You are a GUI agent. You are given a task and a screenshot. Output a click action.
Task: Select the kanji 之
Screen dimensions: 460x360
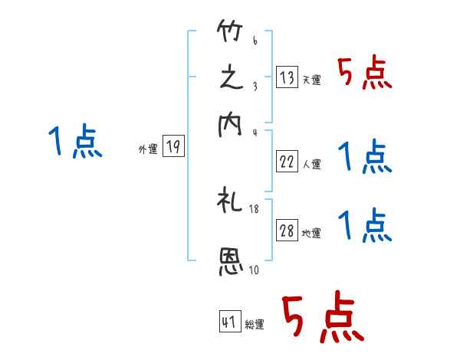(x=231, y=79)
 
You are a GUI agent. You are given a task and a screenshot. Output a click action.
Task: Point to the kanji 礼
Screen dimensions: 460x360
(x=231, y=202)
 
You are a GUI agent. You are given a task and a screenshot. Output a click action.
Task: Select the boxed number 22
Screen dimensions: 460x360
(x=287, y=161)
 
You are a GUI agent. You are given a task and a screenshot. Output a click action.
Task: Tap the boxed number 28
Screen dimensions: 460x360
(x=287, y=231)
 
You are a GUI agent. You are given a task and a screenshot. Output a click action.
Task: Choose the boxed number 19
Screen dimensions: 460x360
(x=173, y=147)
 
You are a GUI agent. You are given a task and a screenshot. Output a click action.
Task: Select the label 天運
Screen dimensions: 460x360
(x=311, y=79)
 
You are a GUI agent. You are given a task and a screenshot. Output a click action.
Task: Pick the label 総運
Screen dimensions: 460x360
(x=255, y=325)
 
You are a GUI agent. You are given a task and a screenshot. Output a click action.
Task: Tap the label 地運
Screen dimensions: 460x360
(x=311, y=234)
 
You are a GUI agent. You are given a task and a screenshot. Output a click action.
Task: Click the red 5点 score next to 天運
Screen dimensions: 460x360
(x=365, y=74)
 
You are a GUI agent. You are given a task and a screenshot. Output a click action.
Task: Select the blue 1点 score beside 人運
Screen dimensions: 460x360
(x=365, y=158)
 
